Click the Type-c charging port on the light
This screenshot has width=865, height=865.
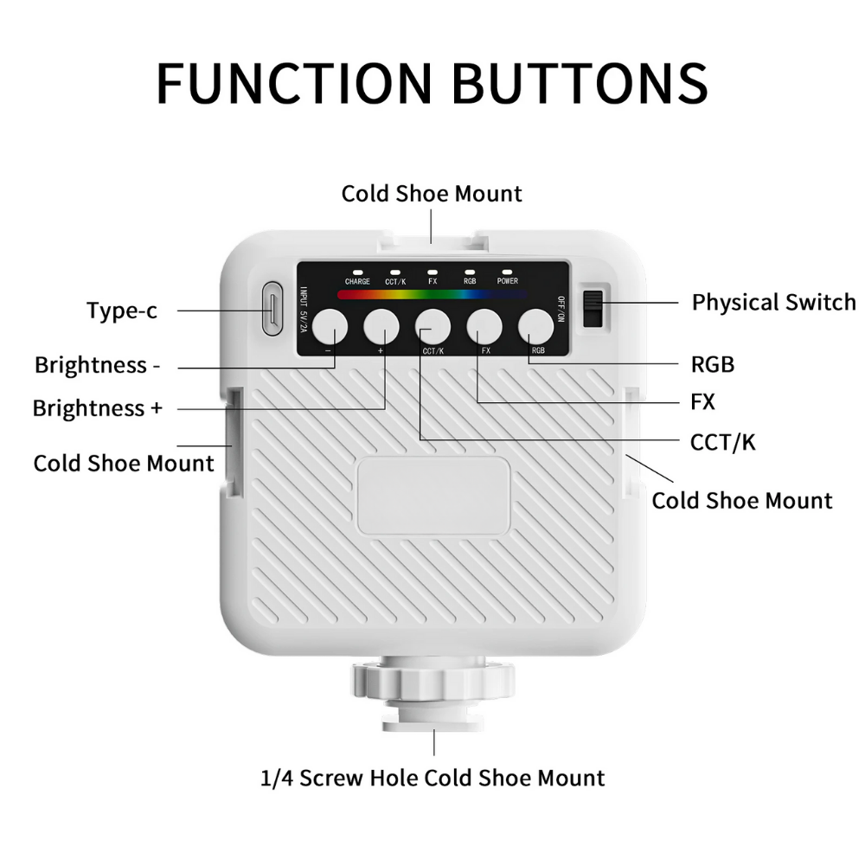[x=271, y=308]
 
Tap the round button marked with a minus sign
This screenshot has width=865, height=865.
[x=330, y=327]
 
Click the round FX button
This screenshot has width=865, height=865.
[x=484, y=327]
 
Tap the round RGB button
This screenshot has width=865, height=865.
[x=536, y=327]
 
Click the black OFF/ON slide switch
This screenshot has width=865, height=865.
[x=593, y=309]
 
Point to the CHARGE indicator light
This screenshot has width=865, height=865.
[x=356, y=271]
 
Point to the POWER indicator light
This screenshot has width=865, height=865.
[x=508, y=271]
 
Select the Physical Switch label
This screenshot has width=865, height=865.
[x=773, y=302]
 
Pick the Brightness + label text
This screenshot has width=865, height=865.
[x=97, y=407]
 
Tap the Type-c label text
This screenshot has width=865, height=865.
[x=122, y=311]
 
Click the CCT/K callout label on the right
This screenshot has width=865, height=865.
[x=723, y=443]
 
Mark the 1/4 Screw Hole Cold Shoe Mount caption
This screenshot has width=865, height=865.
[x=432, y=777]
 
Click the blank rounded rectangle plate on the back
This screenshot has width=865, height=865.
[x=433, y=496]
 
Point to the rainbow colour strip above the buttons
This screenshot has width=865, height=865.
[x=432, y=294]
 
